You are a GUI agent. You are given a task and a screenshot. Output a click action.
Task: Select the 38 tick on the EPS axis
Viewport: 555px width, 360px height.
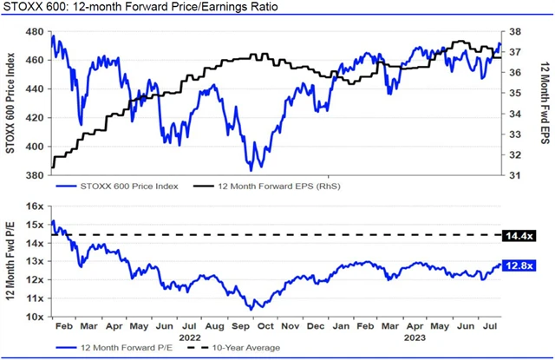(x=513, y=32)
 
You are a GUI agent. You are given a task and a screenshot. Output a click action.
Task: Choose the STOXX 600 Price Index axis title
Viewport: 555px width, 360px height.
(x=11, y=102)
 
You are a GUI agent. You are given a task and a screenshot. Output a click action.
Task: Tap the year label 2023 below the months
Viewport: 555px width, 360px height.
(x=415, y=338)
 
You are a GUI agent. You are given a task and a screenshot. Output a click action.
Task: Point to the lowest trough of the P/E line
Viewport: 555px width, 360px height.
(x=252, y=309)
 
